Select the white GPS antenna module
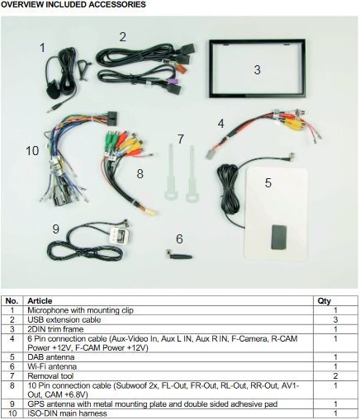pyautogui.click(x=120, y=235)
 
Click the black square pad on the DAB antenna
pyautogui.click(x=279, y=237)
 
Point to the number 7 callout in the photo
pyautogui.click(x=181, y=139)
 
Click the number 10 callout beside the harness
pyautogui.click(x=32, y=151)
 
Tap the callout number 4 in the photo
pyautogui.click(x=220, y=124)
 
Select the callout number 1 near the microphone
pyautogui.click(x=42, y=48)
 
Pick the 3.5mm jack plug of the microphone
pyautogui.click(x=50, y=110)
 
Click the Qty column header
pyautogui.click(x=324, y=301)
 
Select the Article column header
pyautogui.click(x=40, y=301)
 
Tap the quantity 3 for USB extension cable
pyautogui.click(x=335, y=319)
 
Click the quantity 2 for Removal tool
pyautogui.click(x=335, y=375)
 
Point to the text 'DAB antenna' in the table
pyautogui.click(x=51, y=357)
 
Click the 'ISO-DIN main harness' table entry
pyautogui.click(x=67, y=413)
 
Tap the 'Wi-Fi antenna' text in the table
pyautogui.click(x=52, y=366)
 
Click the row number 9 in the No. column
pyautogui.click(x=12, y=403)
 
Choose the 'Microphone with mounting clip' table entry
pyautogui.click(x=80, y=310)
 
